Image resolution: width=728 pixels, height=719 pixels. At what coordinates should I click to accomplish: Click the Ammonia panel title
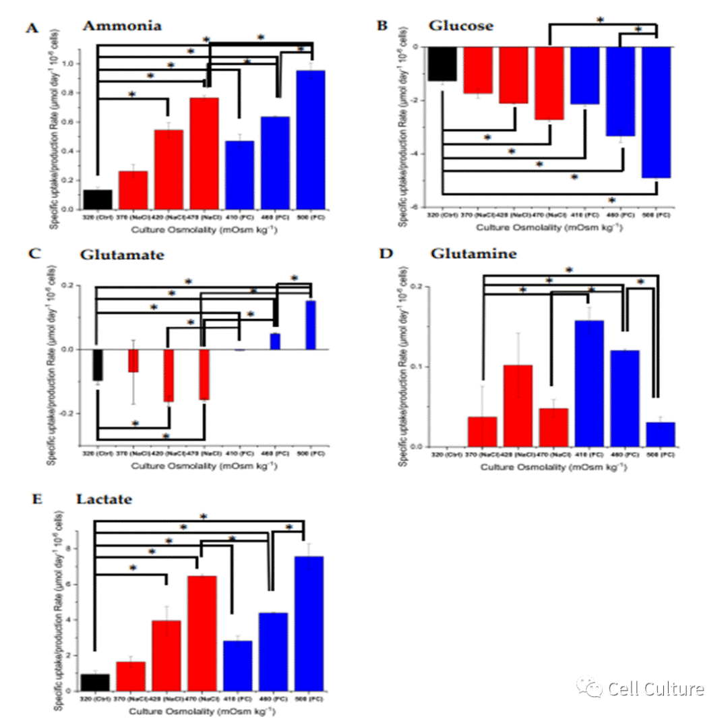122,26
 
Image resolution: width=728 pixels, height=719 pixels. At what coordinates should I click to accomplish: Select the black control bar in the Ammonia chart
97,200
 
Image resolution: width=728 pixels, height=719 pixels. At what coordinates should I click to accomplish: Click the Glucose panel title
462,26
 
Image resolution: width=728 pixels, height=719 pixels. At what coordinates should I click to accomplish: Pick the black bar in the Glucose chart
443,63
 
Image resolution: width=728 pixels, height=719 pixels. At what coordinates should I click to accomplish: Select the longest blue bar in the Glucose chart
656,112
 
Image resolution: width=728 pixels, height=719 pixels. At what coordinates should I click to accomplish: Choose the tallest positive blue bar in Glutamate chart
311,325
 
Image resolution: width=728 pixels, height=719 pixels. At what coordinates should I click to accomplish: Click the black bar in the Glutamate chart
98,365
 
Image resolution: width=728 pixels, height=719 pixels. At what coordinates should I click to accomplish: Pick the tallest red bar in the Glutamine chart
518,405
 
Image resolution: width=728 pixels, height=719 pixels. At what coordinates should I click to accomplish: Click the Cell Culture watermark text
655,689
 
